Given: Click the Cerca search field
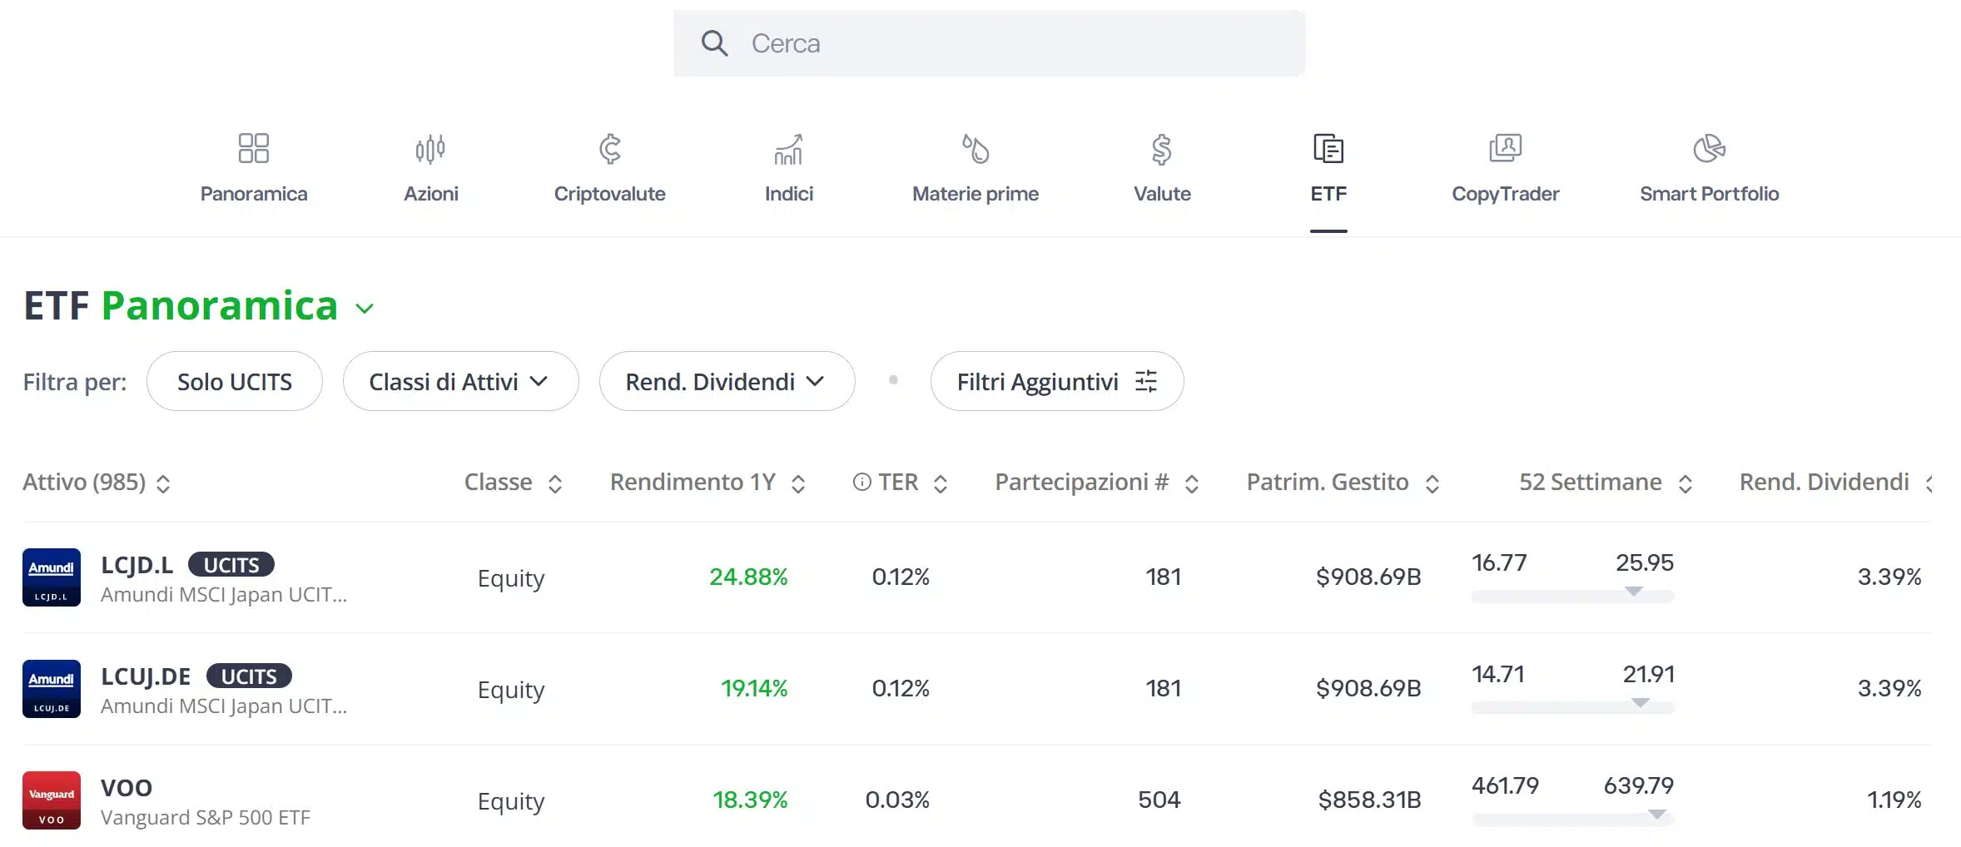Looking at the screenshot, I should [x=989, y=43].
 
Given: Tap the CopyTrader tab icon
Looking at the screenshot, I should [x=1505, y=149].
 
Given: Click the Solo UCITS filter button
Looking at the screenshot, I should [x=235, y=382].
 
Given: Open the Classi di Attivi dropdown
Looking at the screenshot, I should [x=460, y=382].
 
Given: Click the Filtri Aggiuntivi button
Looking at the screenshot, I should [x=1056, y=382].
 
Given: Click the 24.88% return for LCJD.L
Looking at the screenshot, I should [x=747, y=577].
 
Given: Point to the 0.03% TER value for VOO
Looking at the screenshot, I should [x=897, y=800].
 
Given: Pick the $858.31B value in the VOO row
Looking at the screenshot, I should [x=1369, y=800].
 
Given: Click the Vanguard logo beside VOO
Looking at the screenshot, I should [x=52, y=800].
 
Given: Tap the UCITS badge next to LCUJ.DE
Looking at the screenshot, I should [x=249, y=676].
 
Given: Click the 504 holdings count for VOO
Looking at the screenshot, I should [x=1159, y=800].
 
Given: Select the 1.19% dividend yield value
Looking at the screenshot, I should [x=1894, y=800].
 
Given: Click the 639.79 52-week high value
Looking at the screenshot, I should [x=1638, y=785].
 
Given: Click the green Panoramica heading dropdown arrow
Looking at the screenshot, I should [x=365, y=309].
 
